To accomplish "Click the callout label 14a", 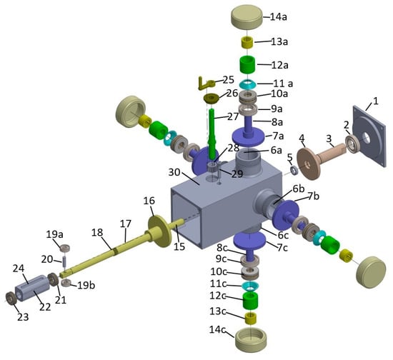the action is [x=279, y=17].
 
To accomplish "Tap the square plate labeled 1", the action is [x=369, y=136].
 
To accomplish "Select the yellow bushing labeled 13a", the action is [x=248, y=42].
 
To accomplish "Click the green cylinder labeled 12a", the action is [x=248, y=64].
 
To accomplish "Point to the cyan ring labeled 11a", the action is [x=248, y=84].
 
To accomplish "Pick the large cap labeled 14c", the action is [x=251, y=339].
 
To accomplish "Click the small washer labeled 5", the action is [x=294, y=170].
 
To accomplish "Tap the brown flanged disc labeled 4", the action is [x=308, y=164].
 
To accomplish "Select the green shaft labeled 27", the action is [x=213, y=135].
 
